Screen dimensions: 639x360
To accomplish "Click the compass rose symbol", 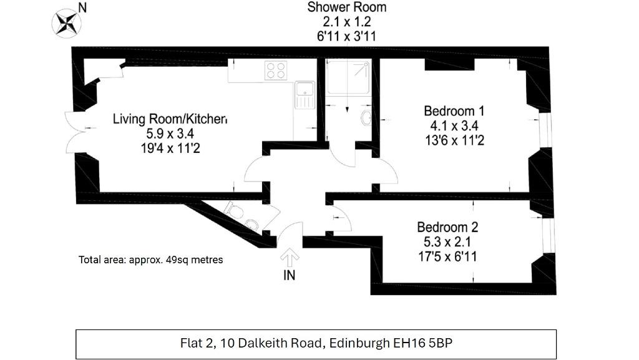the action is tap(66, 24).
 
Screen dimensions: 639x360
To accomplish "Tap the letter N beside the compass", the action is tap(82, 7).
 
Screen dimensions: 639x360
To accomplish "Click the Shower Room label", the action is tap(347, 7).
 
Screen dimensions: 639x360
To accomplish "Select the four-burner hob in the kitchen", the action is tap(276, 70).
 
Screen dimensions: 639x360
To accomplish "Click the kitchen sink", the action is tap(305, 95).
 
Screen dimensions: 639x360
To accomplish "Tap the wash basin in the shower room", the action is tap(366, 117).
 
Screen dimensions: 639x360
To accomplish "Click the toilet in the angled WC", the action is tap(242, 216).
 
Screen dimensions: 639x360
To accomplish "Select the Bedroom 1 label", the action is tap(454, 111).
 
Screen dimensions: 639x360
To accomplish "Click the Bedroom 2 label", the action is tap(447, 227).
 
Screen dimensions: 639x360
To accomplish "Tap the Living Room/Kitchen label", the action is tap(170, 119).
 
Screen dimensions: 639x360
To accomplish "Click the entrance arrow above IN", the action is tap(290, 258).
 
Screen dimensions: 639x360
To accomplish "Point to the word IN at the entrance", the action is tap(289, 275).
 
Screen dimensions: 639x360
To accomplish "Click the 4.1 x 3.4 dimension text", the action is tap(454, 125).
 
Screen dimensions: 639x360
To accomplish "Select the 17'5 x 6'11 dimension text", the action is tap(447, 256).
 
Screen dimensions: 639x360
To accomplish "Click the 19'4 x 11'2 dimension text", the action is tap(170, 148).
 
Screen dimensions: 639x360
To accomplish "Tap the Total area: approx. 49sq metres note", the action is tap(151, 260).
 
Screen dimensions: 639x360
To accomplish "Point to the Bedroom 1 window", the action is tap(545, 130).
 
